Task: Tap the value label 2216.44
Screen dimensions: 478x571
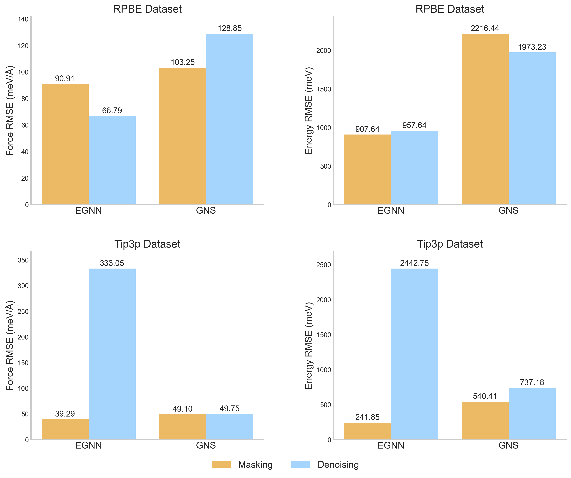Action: pyautogui.click(x=485, y=28)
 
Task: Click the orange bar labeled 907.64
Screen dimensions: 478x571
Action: pyautogui.click(x=367, y=169)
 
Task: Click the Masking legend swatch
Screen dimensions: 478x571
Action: pyautogui.click(x=221, y=464)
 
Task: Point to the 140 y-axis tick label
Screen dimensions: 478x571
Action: pyautogui.click(x=23, y=19)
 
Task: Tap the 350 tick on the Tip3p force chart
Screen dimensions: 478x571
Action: pyautogui.click(x=23, y=260)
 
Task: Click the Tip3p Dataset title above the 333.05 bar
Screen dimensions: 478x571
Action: pyautogui.click(x=147, y=244)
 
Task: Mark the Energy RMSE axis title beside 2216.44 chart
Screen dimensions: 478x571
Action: pyautogui.click(x=309, y=110)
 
